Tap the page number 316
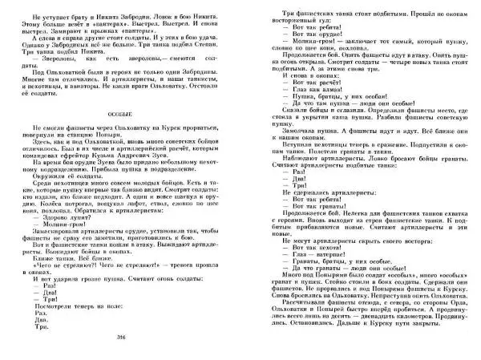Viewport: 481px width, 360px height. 121,338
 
